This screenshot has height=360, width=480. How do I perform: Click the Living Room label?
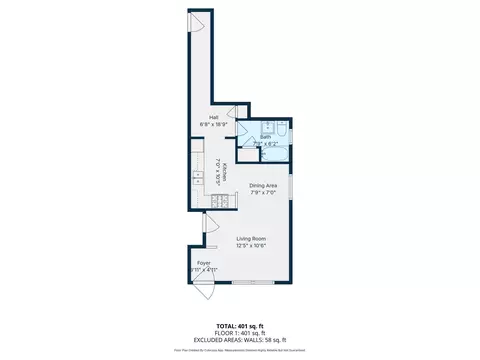click(250, 238)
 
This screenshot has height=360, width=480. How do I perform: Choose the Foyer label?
click(203, 263)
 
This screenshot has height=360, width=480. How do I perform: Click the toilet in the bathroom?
click(284, 129)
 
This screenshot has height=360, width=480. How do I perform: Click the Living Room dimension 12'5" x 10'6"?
click(250, 246)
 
